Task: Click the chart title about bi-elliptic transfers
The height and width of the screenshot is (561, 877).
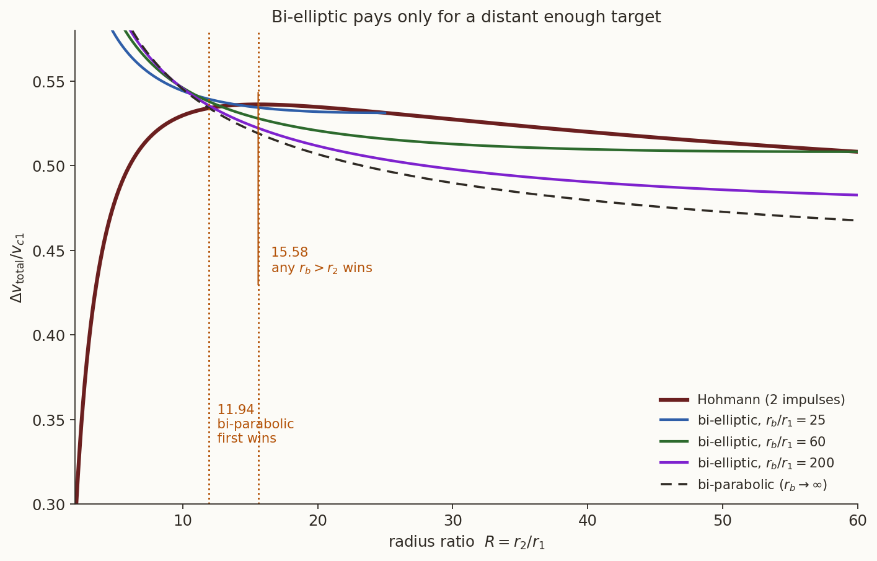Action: click(x=466, y=17)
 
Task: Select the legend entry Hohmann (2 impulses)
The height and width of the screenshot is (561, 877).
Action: click(x=752, y=400)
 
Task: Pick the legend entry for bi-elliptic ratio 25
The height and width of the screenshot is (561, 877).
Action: click(x=743, y=420)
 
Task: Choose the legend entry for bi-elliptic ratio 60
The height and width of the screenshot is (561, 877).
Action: click(x=743, y=442)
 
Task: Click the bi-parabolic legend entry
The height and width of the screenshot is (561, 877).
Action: click(x=743, y=485)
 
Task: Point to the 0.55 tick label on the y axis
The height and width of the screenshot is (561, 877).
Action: click(x=48, y=82)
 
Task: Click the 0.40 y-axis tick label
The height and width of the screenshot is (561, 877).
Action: click(x=48, y=335)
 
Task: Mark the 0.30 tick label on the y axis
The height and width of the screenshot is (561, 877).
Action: click(x=48, y=505)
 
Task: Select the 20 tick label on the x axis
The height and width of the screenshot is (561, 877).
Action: click(x=317, y=521)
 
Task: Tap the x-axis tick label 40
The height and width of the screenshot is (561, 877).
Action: click(x=588, y=521)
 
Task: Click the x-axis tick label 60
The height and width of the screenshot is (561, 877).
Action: click(x=857, y=521)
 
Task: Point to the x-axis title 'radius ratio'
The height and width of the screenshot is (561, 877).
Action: click(x=431, y=542)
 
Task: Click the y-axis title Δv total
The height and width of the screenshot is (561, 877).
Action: click(x=17, y=268)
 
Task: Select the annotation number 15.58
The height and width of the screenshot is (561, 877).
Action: click(x=289, y=252)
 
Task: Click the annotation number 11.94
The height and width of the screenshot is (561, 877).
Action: click(x=236, y=410)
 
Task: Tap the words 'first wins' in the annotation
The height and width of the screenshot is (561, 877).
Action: click(x=247, y=438)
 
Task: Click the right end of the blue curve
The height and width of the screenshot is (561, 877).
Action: click(x=386, y=113)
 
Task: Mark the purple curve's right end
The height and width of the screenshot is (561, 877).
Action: click(x=857, y=195)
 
